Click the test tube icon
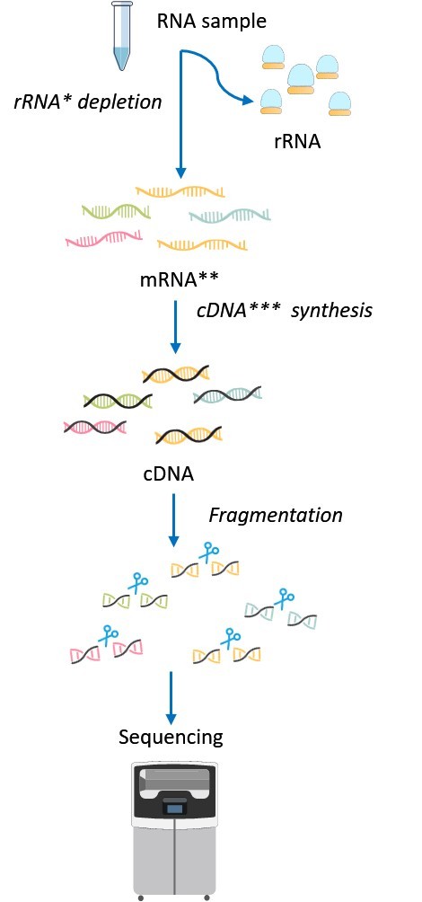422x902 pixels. click(120, 37)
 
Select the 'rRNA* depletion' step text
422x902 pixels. click(87, 102)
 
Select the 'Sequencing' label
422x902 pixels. click(171, 738)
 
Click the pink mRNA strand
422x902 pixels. click(103, 239)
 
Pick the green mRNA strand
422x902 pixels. click(116, 212)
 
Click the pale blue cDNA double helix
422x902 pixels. click(227, 395)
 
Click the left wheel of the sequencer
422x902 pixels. click(139, 896)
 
